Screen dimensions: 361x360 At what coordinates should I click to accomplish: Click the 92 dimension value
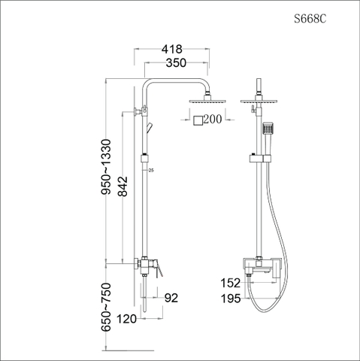(171, 299)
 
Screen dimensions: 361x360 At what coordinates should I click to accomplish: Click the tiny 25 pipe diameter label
(151, 171)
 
